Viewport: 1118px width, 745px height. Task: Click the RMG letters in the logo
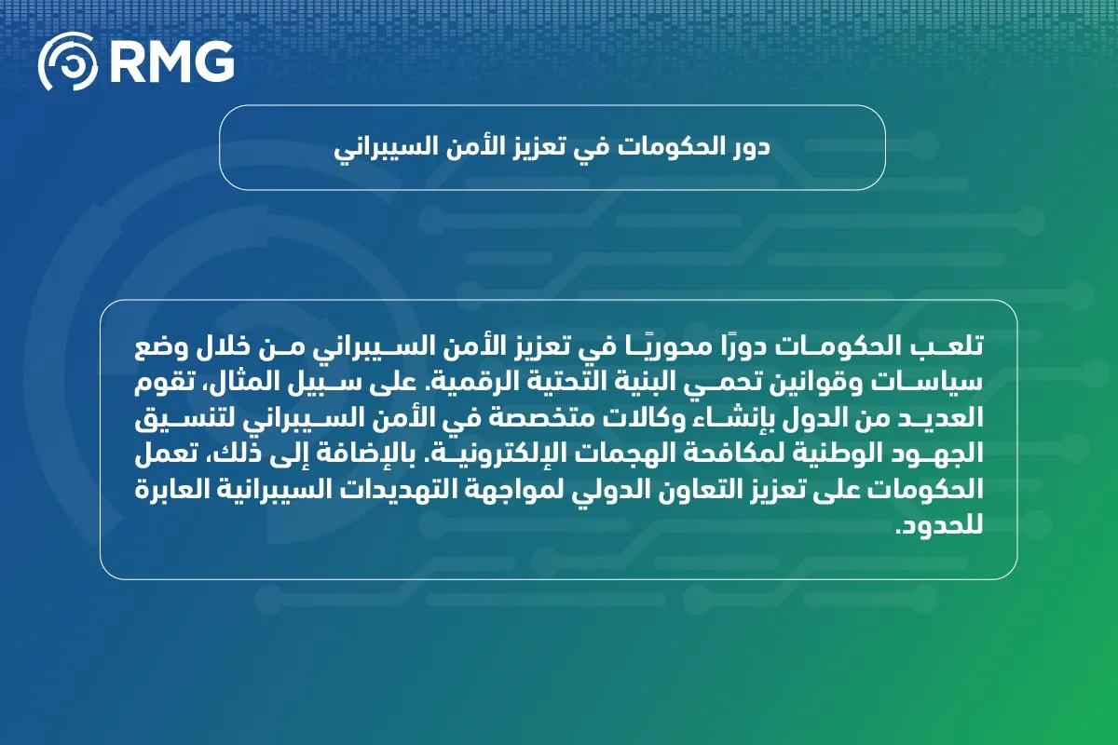coord(172,61)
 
